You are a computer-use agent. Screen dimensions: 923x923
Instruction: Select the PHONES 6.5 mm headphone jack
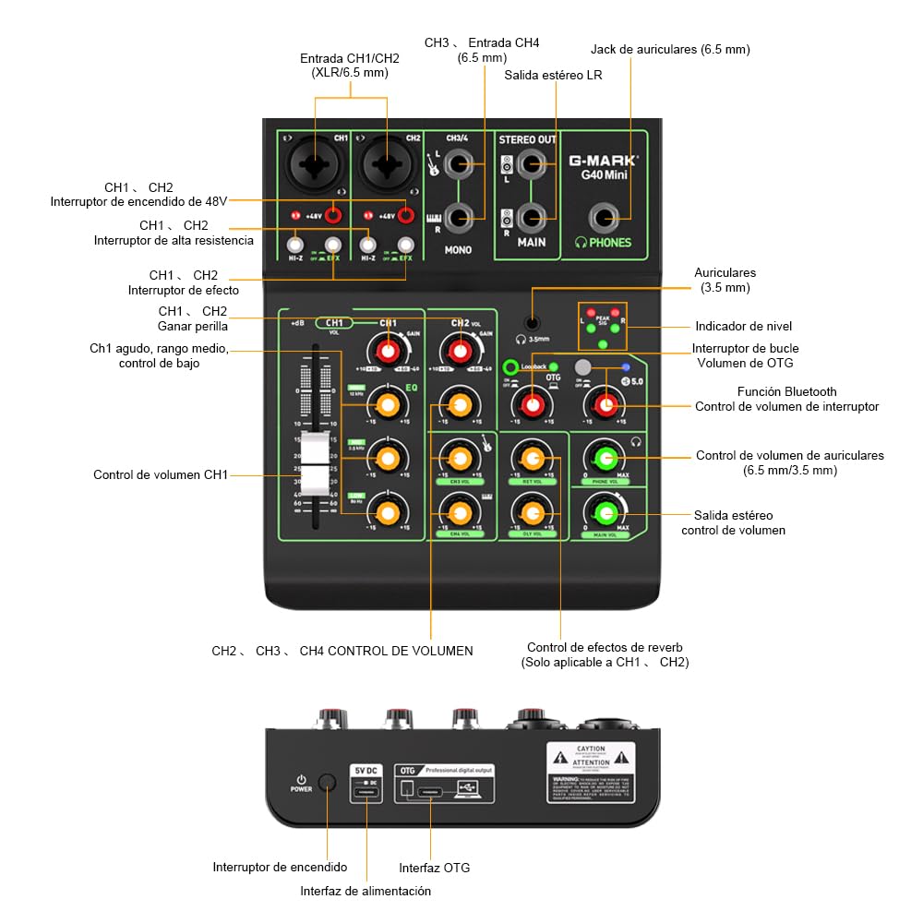pyautogui.click(x=605, y=219)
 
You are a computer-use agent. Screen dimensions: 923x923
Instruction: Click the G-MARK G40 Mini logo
pyautogui.click(x=603, y=166)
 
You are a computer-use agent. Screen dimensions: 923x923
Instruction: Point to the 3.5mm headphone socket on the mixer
pyautogui.click(x=533, y=323)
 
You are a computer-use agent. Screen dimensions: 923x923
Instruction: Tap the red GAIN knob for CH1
pyautogui.click(x=388, y=351)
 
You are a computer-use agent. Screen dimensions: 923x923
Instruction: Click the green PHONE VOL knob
pyautogui.click(x=605, y=457)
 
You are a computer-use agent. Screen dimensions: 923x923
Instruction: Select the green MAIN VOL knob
pyautogui.click(x=605, y=512)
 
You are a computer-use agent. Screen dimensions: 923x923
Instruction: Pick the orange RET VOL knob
pyautogui.click(x=531, y=457)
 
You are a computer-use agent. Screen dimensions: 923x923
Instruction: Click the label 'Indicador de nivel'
pyautogui.click(x=743, y=326)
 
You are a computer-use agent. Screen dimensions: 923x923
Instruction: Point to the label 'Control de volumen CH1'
pyautogui.click(x=160, y=474)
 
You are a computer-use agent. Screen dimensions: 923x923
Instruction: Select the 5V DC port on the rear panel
pyautogui.click(x=366, y=792)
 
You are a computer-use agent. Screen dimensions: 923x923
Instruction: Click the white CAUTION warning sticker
pyautogui.click(x=591, y=772)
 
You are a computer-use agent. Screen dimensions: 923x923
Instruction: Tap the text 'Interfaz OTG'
pyautogui.click(x=435, y=868)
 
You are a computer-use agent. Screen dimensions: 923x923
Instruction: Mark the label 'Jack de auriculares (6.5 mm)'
pyautogui.click(x=670, y=49)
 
